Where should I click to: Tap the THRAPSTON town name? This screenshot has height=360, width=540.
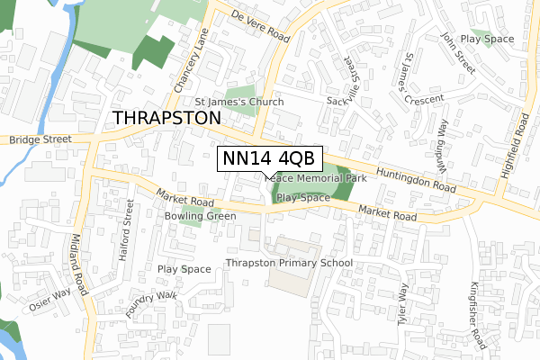pyautogui.click(x=167, y=119)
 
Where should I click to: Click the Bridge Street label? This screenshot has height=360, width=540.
pyautogui.click(x=40, y=140)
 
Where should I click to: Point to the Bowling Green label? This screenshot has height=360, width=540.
pyautogui.click(x=200, y=216)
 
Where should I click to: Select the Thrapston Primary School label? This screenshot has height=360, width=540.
pyautogui.click(x=289, y=263)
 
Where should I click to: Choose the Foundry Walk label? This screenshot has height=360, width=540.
pyautogui.click(x=151, y=306)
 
